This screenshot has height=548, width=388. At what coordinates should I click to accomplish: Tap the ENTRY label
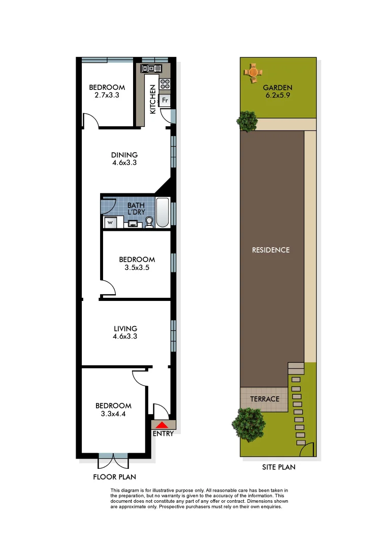point(163,434)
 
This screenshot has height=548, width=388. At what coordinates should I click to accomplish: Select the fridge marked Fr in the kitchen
point(165,100)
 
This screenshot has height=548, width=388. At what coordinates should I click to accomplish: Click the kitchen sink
point(151,68)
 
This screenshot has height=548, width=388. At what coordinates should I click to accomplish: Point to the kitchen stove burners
point(165,83)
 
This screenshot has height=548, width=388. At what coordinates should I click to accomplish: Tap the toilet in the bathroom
point(149,222)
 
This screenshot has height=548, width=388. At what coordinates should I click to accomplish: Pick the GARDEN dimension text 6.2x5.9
point(277,94)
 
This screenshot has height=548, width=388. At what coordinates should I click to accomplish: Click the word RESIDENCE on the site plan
point(271,250)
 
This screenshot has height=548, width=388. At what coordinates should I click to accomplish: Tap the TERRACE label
point(265,399)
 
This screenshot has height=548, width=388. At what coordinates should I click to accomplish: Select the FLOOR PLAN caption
point(114,477)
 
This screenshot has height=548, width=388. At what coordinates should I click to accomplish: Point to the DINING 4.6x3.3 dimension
point(124,163)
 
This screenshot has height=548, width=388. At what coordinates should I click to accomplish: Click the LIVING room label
point(125,328)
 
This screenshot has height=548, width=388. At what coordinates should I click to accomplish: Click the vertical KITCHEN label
point(152,100)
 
